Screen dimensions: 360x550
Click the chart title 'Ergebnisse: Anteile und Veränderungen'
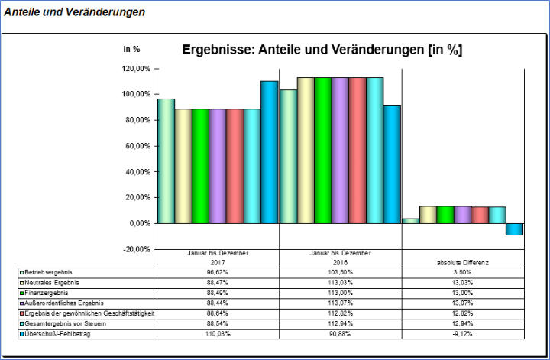322,50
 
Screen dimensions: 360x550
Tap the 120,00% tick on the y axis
136,69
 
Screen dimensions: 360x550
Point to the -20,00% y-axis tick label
137,249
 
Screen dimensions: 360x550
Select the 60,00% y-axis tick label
137,146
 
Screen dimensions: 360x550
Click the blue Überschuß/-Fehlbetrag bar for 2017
269,152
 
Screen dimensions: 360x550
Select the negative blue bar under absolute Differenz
514,229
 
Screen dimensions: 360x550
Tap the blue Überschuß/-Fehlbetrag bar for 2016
391,164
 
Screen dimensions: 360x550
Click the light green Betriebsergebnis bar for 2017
166,161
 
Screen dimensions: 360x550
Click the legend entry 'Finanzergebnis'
48,292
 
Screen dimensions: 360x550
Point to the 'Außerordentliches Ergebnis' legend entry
64,303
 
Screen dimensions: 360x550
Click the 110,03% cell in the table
218,334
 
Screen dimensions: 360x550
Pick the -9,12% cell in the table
462,334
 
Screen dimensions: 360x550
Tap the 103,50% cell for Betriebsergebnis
340,271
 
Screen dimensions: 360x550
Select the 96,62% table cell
218,271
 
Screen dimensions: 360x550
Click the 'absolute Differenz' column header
462,261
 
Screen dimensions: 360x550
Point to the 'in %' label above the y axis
131,49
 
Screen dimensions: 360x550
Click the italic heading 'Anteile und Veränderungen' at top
75,13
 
